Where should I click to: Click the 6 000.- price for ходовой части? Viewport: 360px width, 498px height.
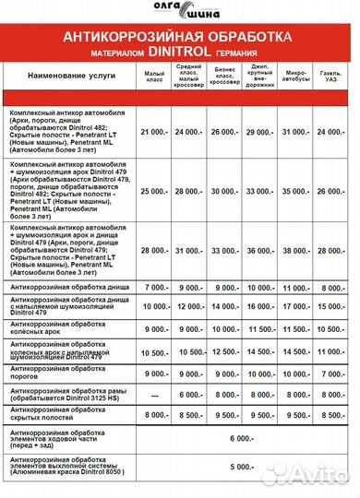243,440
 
